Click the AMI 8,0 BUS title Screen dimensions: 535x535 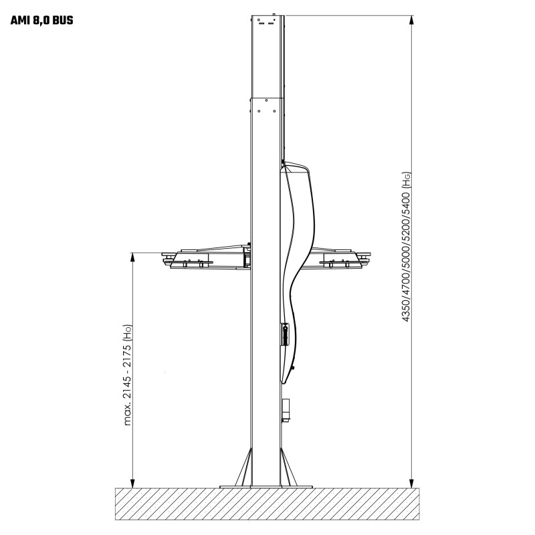pos(41,21)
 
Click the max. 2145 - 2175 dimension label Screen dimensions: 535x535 pos(127,385)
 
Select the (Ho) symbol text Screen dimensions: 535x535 pos(127,332)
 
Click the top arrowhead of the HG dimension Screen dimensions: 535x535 pos(411,20)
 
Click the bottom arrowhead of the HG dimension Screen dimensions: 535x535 pos(411,484)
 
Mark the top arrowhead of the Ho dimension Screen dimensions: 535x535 pos(133,257)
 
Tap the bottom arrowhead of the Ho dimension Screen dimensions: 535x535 pos(133,484)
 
